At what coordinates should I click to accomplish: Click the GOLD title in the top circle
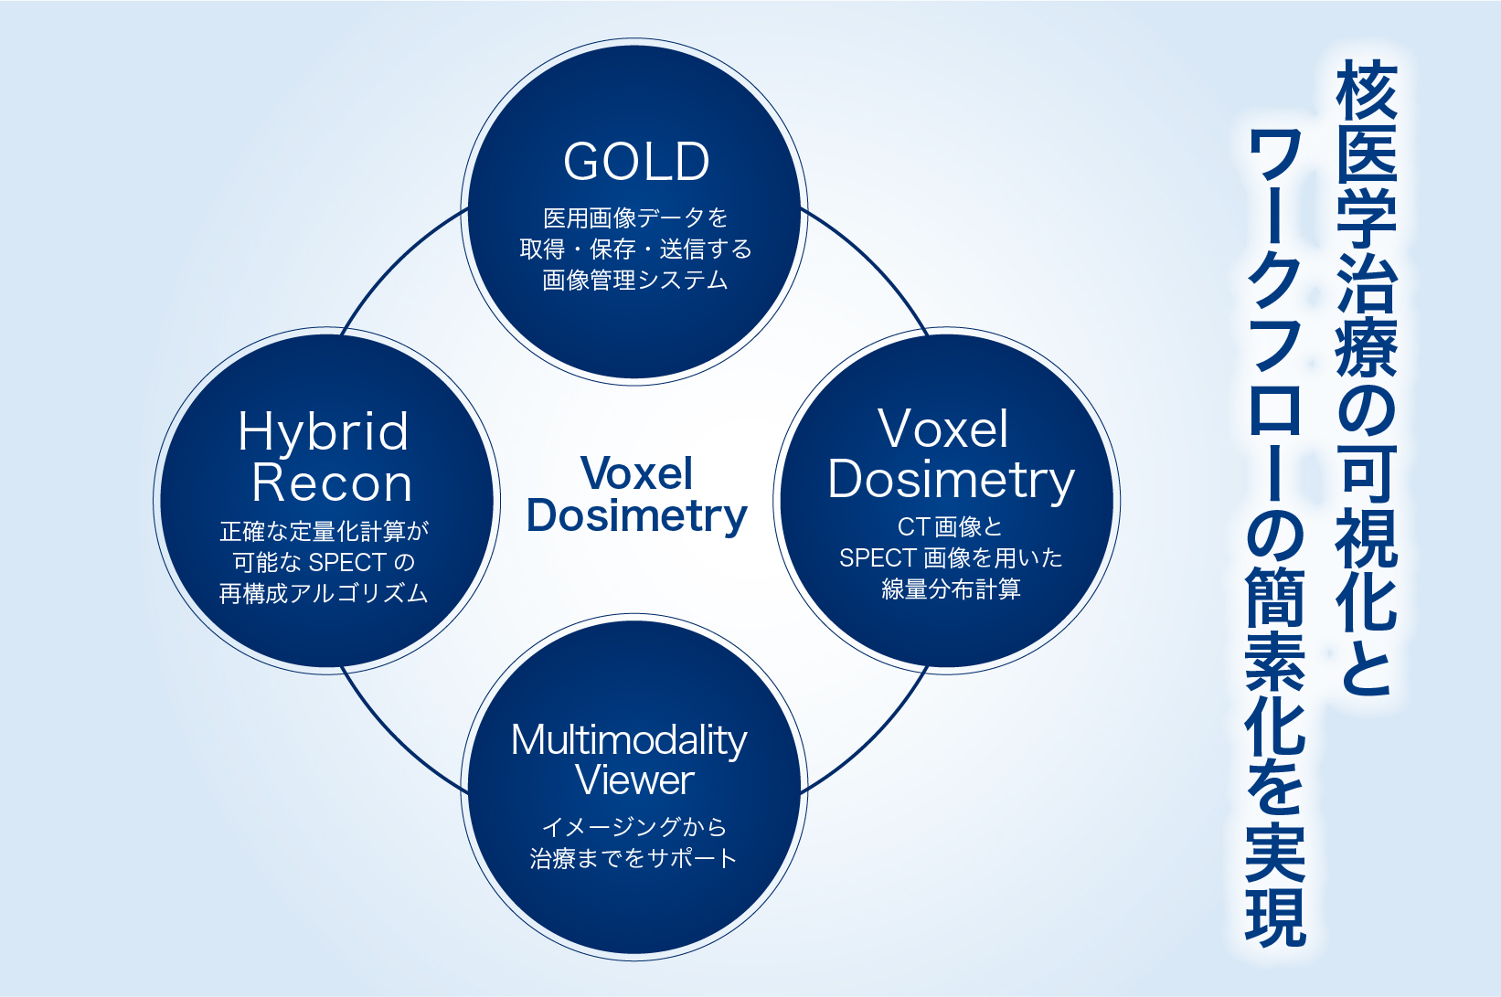[636, 162]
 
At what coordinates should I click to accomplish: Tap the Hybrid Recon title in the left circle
[325, 457]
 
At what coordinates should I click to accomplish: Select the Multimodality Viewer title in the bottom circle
[629, 760]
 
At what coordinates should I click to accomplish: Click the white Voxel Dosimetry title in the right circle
[950, 455]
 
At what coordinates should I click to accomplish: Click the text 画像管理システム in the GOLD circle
[635, 280]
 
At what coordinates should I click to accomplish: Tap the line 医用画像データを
[635, 217]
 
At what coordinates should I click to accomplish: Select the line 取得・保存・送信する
[635, 249]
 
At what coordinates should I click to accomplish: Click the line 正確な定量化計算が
[325, 531]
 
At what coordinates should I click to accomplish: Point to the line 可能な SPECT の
[325, 562]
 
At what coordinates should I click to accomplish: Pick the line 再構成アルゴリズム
[325, 593]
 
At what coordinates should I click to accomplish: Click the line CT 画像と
[950, 526]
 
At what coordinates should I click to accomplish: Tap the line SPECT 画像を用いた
[950, 557]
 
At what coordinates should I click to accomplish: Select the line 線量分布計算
[950, 589]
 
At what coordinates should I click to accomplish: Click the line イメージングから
[633, 827]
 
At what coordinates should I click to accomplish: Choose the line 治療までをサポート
[633, 858]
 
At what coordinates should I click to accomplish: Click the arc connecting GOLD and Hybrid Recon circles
[397, 260]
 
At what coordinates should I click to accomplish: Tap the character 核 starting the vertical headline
[1367, 90]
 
